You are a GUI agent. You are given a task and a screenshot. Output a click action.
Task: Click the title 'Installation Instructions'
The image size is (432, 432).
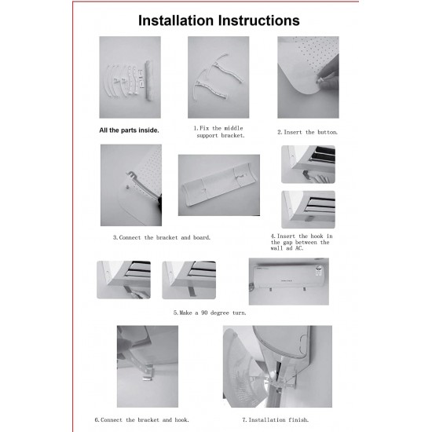click(x=219, y=20)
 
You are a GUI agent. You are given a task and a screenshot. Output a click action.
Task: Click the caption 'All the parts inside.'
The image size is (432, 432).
click(x=130, y=130)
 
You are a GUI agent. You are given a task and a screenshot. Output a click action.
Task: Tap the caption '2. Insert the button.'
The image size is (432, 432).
click(x=307, y=132)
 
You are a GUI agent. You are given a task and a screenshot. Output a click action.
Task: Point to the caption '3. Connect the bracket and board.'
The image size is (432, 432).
click(x=162, y=237)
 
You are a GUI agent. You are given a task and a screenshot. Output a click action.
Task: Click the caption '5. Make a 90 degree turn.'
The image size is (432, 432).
click(x=210, y=313)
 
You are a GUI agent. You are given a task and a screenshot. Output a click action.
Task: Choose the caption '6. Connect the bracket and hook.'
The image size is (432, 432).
click(x=142, y=420)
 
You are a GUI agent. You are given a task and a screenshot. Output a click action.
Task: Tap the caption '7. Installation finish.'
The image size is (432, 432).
click(x=275, y=420)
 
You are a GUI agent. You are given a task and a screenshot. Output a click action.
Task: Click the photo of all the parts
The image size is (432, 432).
click(x=130, y=77)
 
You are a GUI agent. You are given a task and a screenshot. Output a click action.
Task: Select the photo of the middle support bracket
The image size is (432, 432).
click(x=218, y=77)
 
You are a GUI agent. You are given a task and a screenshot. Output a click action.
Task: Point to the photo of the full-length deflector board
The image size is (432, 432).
click(x=219, y=185)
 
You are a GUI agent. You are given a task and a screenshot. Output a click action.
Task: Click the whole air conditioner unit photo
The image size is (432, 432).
click(x=289, y=281)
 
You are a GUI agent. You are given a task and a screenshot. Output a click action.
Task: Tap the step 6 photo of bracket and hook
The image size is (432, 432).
click(x=148, y=367)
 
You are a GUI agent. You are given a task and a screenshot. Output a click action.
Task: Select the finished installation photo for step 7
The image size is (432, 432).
click(x=277, y=367)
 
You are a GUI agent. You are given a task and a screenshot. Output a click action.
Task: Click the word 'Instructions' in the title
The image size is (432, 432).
click(x=259, y=20)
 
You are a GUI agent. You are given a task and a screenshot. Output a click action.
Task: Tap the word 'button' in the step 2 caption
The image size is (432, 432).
click(x=328, y=132)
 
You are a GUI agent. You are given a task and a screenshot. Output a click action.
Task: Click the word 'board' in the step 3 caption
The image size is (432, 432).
click(x=202, y=237)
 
